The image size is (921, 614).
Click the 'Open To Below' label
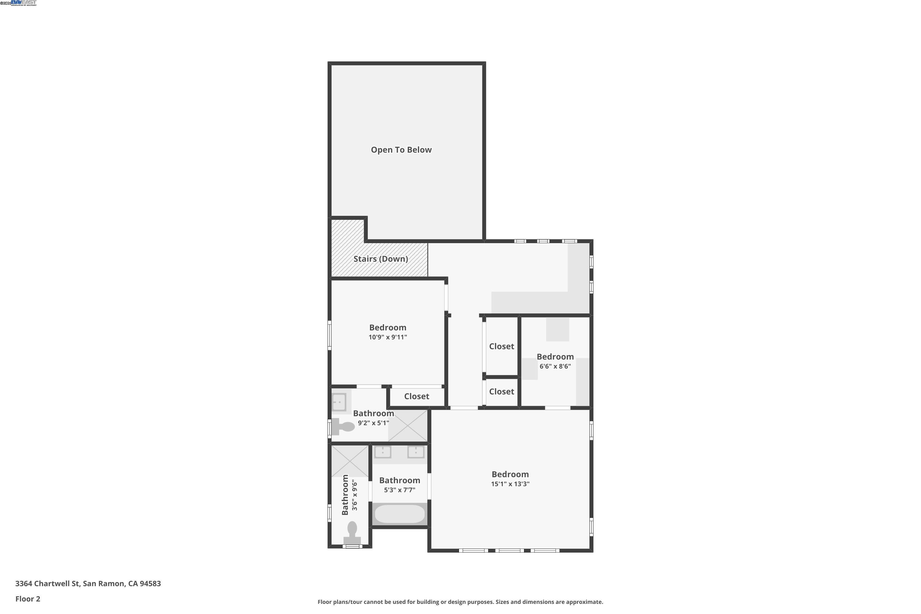(x=401, y=150)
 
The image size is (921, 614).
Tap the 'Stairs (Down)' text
(x=381, y=259)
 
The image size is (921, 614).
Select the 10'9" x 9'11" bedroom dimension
(x=388, y=337)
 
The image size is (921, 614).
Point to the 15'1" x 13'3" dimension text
(x=510, y=484)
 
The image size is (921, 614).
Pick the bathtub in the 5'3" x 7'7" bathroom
(x=399, y=514)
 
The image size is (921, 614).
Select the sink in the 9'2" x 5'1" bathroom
(x=339, y=402)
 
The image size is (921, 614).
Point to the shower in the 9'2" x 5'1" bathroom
(x=408, y=426)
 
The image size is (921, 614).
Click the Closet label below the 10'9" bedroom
(x=417, y=396)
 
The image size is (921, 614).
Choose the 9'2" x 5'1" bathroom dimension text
(x=373, y=423)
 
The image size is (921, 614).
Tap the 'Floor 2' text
(x=28, y=599)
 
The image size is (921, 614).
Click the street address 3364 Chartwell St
(x=88, y=584)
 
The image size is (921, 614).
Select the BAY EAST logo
(x=24, y=3)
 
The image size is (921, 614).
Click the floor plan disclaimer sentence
(x=460, y=602)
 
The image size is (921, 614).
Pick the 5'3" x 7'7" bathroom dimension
(x=399, y=490)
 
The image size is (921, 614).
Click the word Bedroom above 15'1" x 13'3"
(x=510, y=474)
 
